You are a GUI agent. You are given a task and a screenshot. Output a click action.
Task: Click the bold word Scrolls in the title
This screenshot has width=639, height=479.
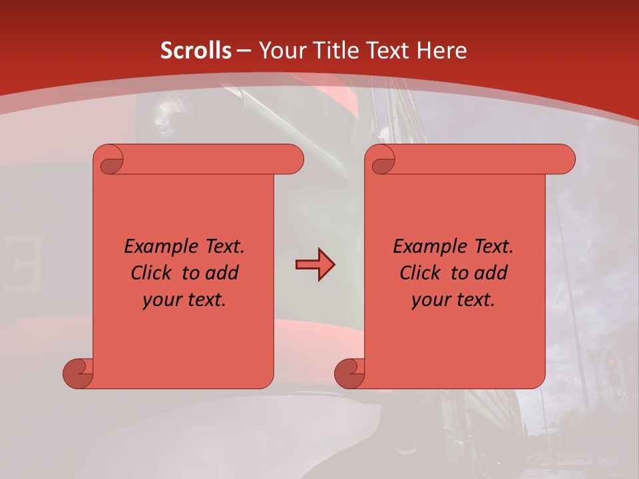pos(196,50)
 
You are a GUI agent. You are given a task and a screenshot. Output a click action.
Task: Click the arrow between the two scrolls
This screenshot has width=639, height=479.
pos(315,265)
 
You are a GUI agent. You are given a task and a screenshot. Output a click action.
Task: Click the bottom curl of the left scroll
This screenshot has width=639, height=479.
pos(79,374)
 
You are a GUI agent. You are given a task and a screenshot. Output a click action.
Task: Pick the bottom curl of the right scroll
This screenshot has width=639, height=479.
pos(349,374)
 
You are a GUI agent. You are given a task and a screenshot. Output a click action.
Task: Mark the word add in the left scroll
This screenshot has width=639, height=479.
pos(222,273)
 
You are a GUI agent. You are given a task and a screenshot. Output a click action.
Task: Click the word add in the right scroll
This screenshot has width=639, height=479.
pos(491,273)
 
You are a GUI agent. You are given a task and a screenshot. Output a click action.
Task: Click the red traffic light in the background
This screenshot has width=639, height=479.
pos(611,363)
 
